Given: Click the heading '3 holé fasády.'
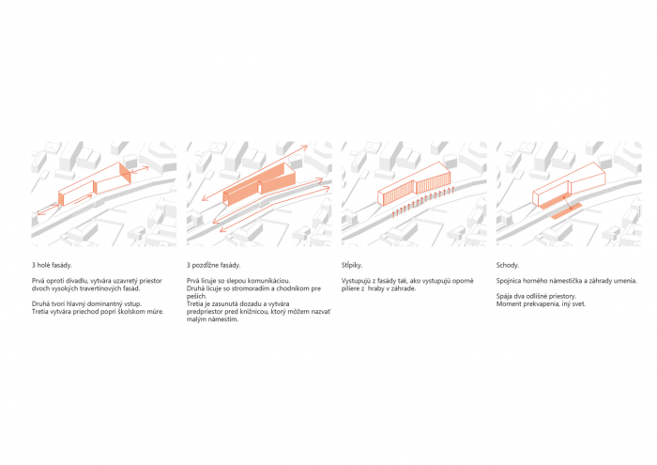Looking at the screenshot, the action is (x=52, y=266).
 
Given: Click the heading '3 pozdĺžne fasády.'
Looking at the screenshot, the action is (x=214, y=266).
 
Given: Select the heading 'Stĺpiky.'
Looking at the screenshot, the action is (x=352, y=266).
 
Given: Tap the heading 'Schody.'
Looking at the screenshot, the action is (x=508, y=266).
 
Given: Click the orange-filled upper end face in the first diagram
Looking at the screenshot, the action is (x=125, y=173).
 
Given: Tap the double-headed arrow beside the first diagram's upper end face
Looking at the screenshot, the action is (x=140, y=169).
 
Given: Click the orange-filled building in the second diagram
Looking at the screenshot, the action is (x=259, y=184).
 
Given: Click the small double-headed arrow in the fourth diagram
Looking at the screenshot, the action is (x=568, y=203).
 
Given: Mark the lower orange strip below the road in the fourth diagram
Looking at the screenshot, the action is (x=566, y=211).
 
